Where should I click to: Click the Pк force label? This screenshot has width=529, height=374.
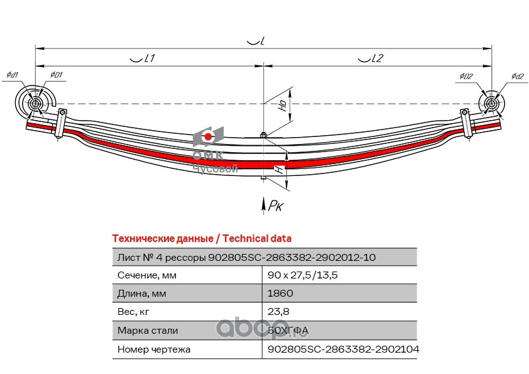[x=275, y=205]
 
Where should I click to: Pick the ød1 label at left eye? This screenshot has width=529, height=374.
[x=12, y=75]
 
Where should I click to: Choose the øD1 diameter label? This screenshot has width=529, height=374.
[x=55, y=75]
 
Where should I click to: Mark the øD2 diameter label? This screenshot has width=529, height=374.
[x=466, y=76]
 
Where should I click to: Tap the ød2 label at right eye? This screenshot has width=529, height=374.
[x=517, y=76]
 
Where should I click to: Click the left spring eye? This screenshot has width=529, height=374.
[x=35, y=102]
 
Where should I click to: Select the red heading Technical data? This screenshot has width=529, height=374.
[x=201, y=239]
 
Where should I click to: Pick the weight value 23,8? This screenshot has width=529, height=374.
[x=278, y=311]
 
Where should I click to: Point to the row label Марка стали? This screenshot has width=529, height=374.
[x=148, y=330]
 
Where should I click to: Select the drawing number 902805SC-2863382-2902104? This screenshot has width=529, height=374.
[x=343, y=348]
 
